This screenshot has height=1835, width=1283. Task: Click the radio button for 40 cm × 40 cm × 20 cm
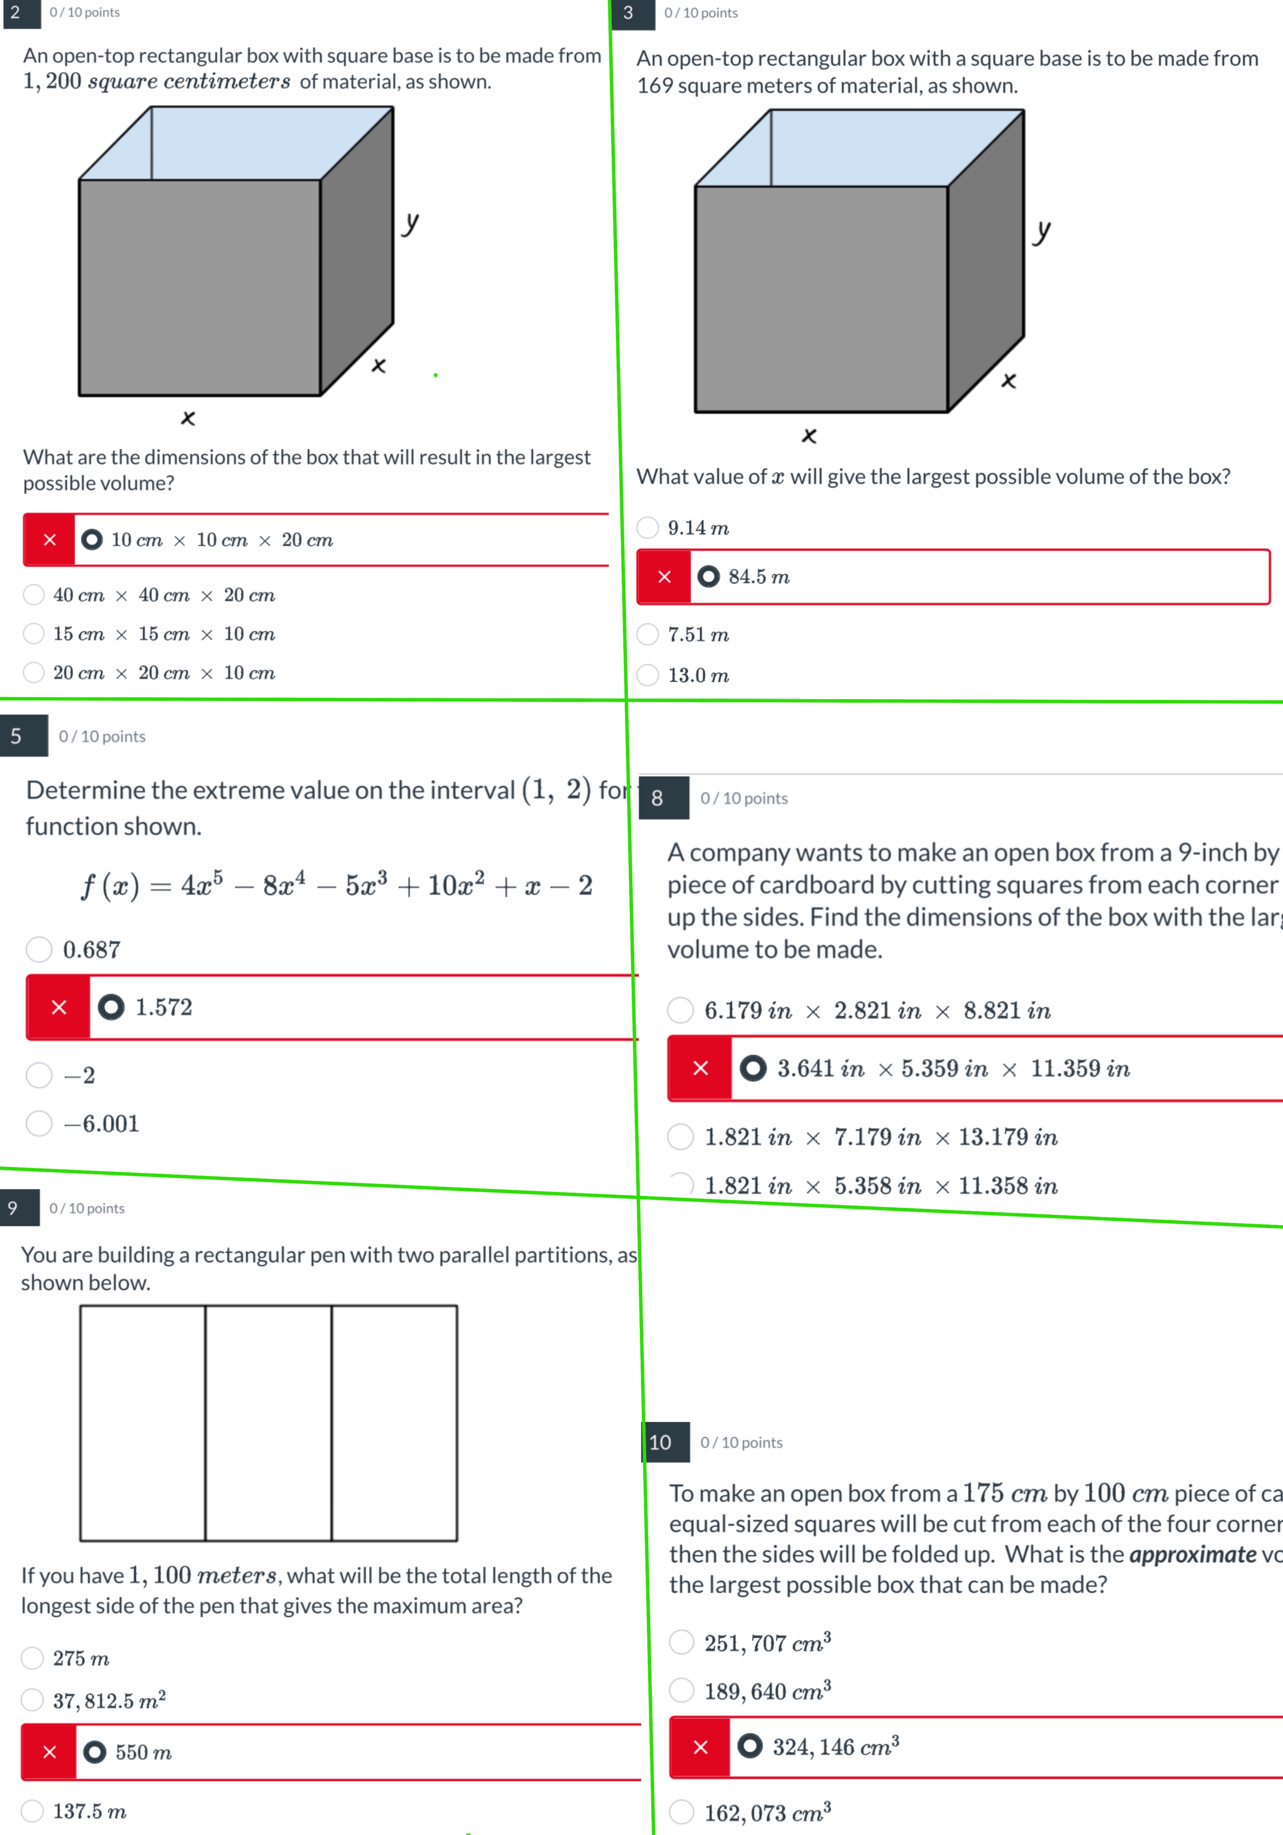pos(34,595)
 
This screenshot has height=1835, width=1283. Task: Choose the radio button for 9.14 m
pos(647,528)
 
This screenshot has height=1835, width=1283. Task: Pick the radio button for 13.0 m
pos(647,675)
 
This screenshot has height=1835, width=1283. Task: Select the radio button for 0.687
pos(39,949)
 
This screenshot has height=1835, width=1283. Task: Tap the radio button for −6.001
pos(39,1124)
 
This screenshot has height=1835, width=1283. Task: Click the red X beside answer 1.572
pos(58,1007)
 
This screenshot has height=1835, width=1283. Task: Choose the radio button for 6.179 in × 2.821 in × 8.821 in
pos(680,1010)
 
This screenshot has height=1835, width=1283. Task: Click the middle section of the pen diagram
pos(269,1422)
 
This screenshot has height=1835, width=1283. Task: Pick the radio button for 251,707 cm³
pos(681,1642)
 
